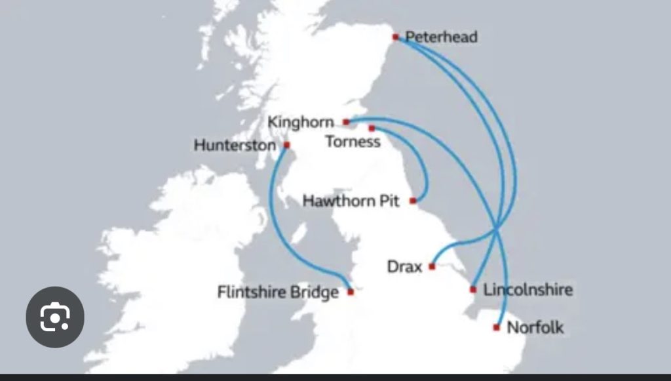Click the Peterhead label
[x=441, y=37]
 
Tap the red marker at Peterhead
[x=395, y=37]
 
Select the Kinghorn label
[x=301, y=122]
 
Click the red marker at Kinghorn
[x=346, y=122]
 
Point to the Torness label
[x=353, y=142]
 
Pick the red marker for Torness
[x=372, y=128]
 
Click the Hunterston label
[x=235, y=145]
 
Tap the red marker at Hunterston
[x=286, y=144]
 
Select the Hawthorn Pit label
[x=351, y=201]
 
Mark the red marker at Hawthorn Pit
[x=413, y=201]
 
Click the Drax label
[x=404, y=267]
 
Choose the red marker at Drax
[x=432, y=266]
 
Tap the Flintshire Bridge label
[x=278, y=292]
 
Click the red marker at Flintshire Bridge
[x=351, y=292]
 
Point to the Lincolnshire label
[x=527, y=289]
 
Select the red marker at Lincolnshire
[x=473, y=289]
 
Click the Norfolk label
[x=535, y=327]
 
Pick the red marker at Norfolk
[x=497, y=327]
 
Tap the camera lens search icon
[x=55, y=317]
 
